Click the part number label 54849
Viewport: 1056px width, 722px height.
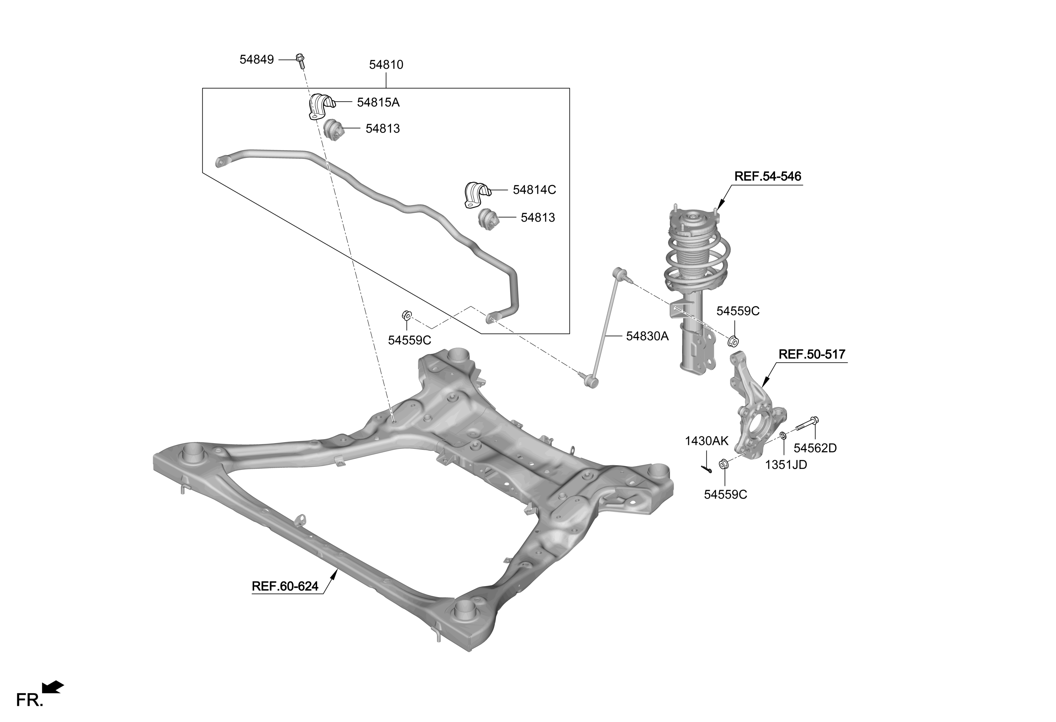click(257, 59)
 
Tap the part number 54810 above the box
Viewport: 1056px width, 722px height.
click(386, 65)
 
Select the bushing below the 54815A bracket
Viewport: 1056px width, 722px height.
click(335, 130)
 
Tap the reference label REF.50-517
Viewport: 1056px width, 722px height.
click(812, 354)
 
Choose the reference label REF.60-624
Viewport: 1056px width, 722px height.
click(285, 587)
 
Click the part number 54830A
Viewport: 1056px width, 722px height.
click(647, 336)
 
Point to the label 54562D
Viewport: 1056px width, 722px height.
click(815, 448)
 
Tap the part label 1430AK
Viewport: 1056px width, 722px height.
click(706, 441)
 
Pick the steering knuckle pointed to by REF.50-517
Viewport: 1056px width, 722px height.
click(757, 409)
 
